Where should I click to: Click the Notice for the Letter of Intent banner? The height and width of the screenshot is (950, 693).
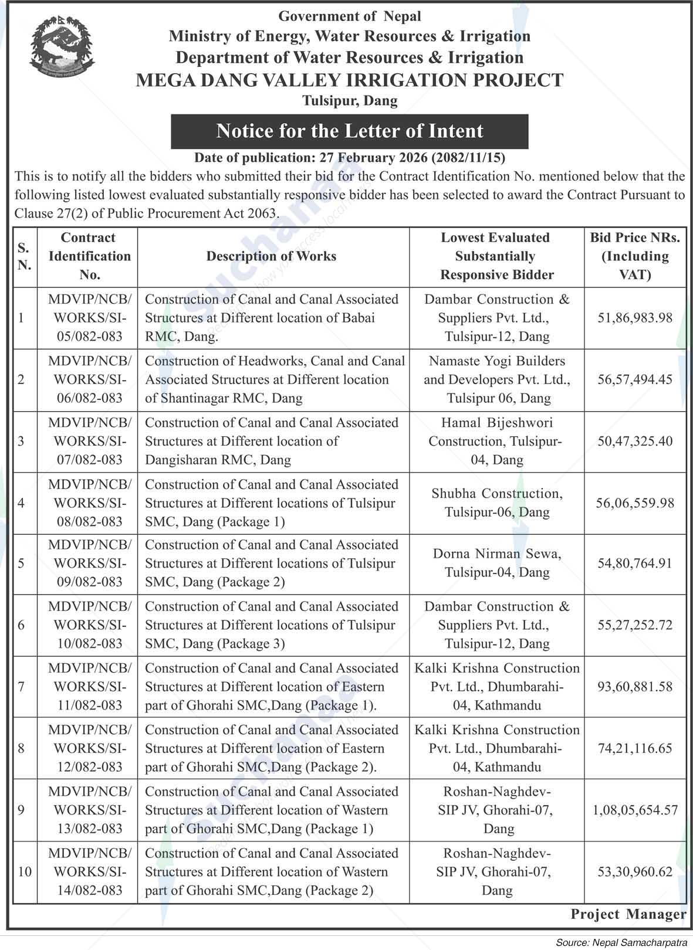[x=349, y=131]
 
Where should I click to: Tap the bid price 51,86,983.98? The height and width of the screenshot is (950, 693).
[x=635, y=318]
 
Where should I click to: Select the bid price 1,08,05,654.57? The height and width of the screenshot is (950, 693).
[x=635, y=810]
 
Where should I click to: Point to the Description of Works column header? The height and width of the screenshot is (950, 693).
[x=271, y=256]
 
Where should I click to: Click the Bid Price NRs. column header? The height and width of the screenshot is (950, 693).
[x=635, y=256]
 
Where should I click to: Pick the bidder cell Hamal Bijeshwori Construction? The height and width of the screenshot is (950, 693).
[x=496, y=441]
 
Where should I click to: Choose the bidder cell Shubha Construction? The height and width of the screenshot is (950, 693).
[x=496, y=503]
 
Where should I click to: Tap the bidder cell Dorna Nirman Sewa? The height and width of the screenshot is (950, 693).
[x=496, y=563]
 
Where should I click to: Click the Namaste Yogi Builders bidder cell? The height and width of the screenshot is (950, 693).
[x=496, y=379]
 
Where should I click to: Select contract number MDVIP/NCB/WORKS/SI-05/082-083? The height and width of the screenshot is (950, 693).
[x=90, y=318]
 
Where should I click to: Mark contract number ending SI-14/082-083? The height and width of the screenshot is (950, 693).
[x=90, y=871]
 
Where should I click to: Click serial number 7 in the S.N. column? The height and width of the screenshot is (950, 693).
[x=22, y=687]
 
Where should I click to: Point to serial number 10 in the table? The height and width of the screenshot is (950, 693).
[x=24, y=871]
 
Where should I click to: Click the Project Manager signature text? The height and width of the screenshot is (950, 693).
[x=628, y=914]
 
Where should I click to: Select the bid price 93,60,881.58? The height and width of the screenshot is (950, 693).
[x=635, y=687]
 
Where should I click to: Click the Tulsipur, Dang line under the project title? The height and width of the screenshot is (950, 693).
[x=350, y=101]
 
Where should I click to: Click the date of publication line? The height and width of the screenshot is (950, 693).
[x=350, y=158]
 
